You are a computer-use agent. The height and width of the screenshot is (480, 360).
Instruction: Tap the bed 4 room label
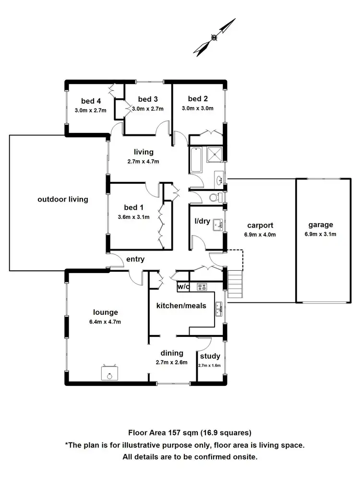[91, 101]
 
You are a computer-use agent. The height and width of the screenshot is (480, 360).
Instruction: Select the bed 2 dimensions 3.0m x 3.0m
[197, 108]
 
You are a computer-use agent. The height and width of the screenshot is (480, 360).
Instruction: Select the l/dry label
[202, 222]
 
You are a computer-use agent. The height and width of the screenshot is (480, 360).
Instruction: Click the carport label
[260, 225]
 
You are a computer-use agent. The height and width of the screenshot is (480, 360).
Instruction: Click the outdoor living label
[63, 199]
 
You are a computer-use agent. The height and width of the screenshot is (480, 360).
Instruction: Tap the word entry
[135, 259]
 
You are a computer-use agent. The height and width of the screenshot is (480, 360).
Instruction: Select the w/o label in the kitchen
[183, 287]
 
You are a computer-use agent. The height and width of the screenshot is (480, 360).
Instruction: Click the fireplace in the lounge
[110, 372]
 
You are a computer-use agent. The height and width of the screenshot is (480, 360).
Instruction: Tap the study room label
[210, 356]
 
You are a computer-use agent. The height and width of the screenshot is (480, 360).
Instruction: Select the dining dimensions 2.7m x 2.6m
[171, 362]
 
